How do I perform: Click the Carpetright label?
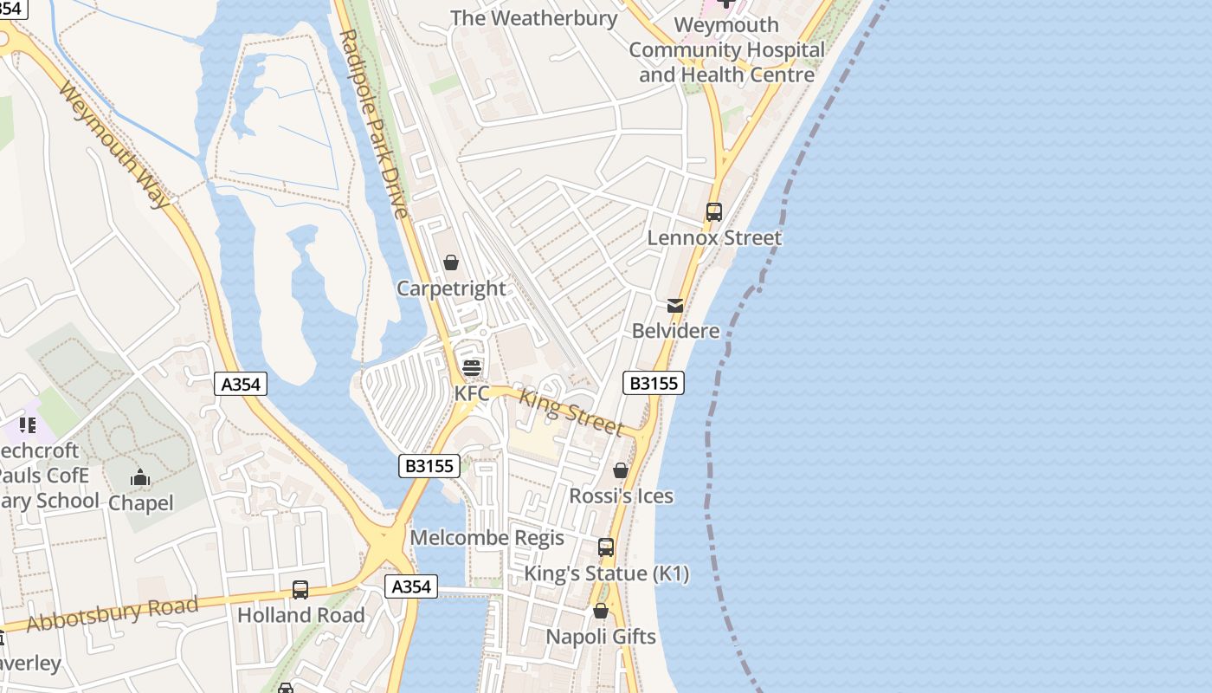click(451, 288)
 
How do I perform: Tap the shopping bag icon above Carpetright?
click(451, 262)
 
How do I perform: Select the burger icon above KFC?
click(472, 367)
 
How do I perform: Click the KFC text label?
click(472, 393)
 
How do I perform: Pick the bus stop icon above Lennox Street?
click(714, 211)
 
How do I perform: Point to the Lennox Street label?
click(714, 237)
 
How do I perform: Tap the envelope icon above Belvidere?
click(675, 306)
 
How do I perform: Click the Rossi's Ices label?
click(621, 496)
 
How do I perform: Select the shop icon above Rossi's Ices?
click(621, 470)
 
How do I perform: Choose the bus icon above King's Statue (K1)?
click(606, 547)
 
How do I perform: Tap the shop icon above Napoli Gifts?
click(601, 612)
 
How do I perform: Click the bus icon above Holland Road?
click(300, 590)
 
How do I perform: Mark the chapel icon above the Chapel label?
click(140, 477)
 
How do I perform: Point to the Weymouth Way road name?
click(115, 145)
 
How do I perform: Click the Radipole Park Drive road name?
click(373, 124)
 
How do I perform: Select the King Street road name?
click(571, 411)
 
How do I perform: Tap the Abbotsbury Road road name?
click(112, 613)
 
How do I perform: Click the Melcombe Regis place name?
click(487, 538)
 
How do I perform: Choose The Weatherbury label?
click(534, 18)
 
